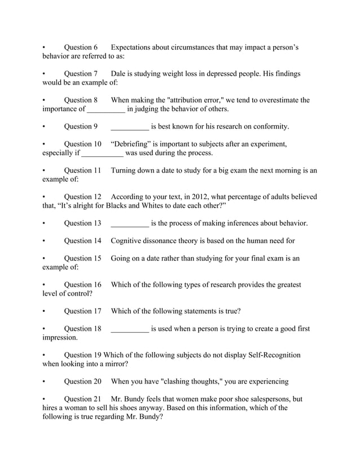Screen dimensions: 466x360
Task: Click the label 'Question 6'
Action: point(81,47)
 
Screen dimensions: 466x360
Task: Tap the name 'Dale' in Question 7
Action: point(120,74)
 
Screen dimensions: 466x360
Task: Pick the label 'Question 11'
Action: point(82,170)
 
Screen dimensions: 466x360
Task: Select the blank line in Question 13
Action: point(130,223)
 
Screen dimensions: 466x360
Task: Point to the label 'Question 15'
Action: point(82,258)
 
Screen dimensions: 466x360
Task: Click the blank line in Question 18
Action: point(130,329)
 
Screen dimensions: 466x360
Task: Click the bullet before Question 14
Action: point(44,241)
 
